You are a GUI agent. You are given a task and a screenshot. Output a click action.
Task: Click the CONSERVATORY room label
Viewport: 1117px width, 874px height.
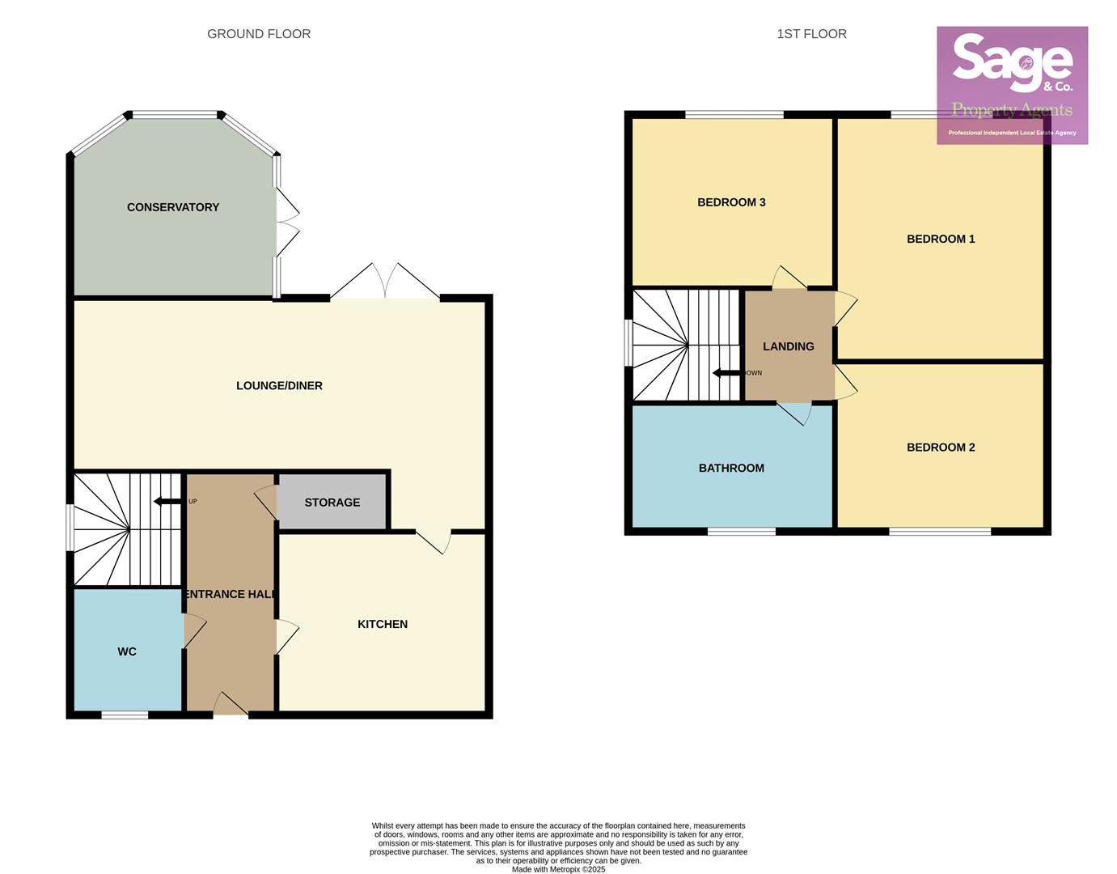click(x=173, y=207)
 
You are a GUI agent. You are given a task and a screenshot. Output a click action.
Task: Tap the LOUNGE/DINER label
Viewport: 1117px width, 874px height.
click(x=279, y=386)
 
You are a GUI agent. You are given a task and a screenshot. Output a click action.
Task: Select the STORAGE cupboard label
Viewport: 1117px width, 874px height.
click(x=332, y=503)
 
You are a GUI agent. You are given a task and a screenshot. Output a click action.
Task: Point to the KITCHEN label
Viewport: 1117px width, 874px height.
click(x=383, y=624)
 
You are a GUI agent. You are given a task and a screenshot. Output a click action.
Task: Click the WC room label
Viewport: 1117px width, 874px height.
click(x=127, y=651)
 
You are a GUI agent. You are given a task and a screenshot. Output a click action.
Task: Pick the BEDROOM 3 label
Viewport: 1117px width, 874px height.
click(x=731, y=202)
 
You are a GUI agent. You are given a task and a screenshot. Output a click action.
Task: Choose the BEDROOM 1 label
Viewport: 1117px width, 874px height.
click(x=941, y=239)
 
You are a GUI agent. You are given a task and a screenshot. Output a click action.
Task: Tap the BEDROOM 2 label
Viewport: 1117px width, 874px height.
click(x=941, y=448)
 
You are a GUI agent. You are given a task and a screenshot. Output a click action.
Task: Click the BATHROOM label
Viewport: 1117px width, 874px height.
click(x=731, y=468)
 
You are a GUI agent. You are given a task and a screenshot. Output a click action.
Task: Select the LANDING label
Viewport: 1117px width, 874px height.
click(x=789, y=346)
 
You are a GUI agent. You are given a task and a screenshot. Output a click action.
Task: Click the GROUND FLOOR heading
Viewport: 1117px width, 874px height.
click(x=259, y=34)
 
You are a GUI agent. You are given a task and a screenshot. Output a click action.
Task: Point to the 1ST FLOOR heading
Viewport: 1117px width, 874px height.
click(x=811, y=34)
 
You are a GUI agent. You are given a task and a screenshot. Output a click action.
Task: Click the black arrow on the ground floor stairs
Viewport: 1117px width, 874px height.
click(x=167, y=502)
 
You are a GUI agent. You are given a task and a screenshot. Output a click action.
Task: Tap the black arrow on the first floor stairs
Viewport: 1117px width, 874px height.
click(x=726, y=373)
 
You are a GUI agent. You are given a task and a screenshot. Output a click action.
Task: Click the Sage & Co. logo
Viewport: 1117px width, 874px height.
click(x=1012, y=85)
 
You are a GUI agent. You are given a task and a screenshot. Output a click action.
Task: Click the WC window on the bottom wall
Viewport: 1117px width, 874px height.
click(x=125, y=715)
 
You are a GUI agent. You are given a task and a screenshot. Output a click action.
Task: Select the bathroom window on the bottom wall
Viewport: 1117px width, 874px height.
click(x=742, y=532)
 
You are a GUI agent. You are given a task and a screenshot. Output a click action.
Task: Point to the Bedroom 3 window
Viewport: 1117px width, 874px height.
click(x=734, y=115)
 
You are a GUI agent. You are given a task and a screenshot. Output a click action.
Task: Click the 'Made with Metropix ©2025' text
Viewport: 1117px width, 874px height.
click(x=558, y=869)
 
